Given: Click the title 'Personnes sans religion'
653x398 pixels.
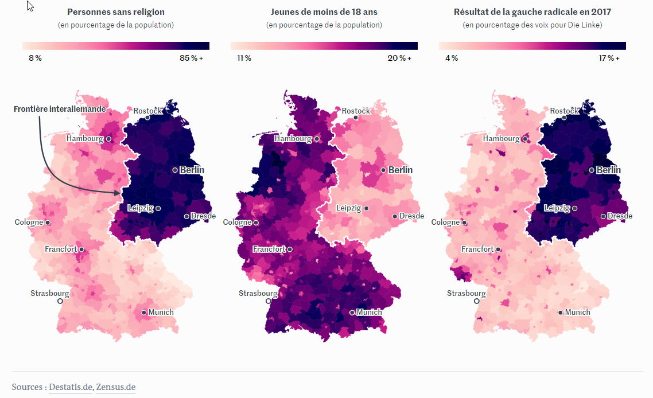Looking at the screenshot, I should (x=116, y=11).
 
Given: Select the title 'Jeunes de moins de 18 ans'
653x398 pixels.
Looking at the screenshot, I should (x=324, y=11).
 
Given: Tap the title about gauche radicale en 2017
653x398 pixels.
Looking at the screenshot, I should (x=532, y=11).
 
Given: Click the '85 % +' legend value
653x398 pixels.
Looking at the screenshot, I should (x=192, y=58).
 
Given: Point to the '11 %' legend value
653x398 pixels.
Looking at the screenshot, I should (x=244, y=58).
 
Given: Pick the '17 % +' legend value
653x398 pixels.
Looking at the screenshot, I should (x=608, y=58).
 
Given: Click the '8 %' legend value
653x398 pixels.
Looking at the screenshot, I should (x=35, y=58).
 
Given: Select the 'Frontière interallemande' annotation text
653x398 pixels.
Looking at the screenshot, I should (x=60, y=109).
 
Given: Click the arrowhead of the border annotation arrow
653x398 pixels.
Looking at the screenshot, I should (x=119, y=193).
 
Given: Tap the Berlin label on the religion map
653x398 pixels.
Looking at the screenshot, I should (x=192, y=170).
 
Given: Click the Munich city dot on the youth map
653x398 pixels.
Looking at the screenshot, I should (x=352, y=313).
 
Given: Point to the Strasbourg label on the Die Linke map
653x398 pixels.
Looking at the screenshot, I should (x=466, y=293).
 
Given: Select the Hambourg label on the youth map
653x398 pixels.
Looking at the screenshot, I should (x=293, y=138).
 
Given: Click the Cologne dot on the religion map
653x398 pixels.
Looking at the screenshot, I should (x=48, y=223).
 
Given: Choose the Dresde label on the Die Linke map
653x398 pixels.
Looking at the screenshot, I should (x=620, y=216).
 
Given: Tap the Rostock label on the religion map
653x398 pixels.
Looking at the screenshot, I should (x=148, y=111).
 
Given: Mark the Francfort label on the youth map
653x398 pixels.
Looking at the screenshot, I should (x=269, y=249).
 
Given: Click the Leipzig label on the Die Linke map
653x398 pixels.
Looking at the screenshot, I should (x=557, y=208).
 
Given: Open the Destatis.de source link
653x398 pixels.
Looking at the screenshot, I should (x=71, y=387).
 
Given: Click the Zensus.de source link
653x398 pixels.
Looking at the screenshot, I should (x=115, y=387).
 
